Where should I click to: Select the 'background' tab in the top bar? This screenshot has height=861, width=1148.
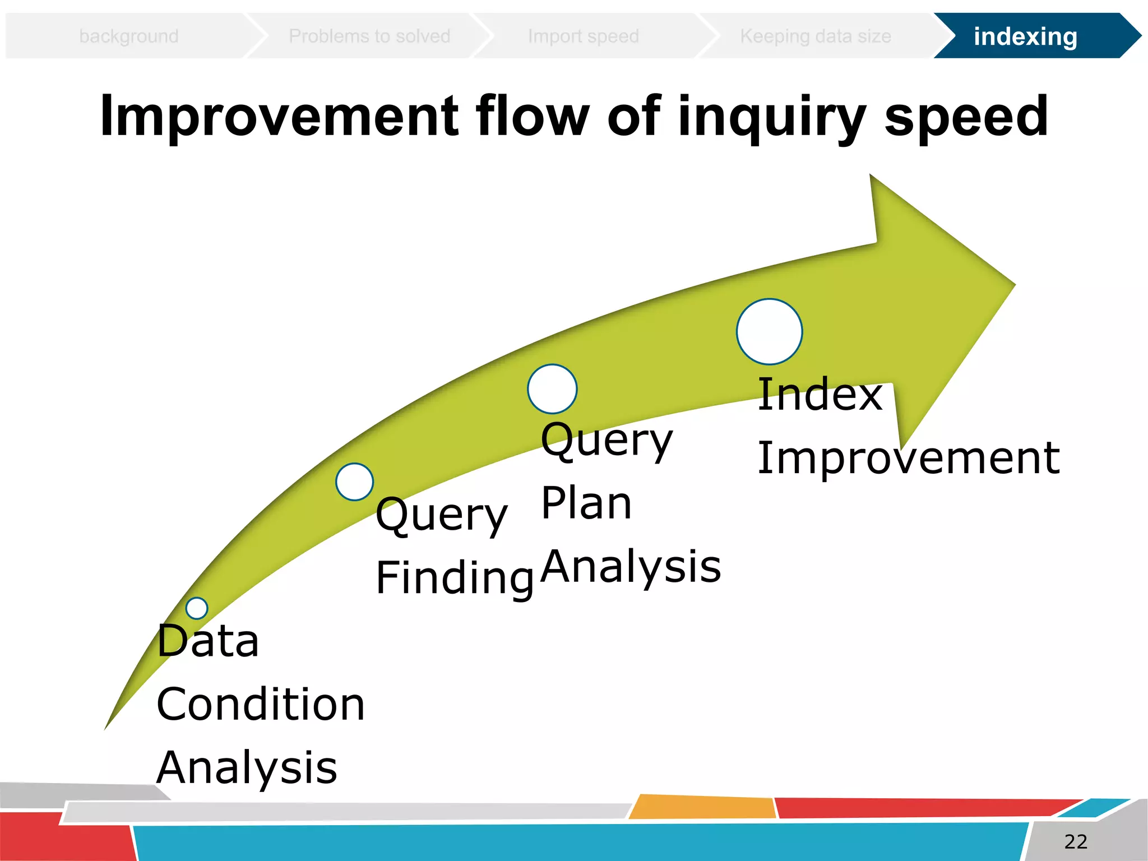point(129,36)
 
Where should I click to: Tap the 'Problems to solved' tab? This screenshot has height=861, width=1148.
point(369,36)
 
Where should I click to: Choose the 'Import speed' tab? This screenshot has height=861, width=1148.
point(583,36)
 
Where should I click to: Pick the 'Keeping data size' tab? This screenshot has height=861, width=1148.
point(815,36)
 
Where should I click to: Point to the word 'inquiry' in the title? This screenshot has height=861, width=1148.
point(772,118)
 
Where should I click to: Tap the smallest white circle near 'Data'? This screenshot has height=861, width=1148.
point(197,608)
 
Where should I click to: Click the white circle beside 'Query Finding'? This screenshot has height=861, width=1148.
point(354,482)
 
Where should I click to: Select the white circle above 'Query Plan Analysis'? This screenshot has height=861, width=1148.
point(552,389)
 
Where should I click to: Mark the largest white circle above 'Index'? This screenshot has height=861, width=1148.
point(769,332)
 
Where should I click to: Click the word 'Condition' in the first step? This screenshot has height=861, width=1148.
point(261,705)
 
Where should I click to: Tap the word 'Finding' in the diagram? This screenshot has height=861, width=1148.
point(454,578)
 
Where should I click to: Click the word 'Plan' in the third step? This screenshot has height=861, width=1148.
point(586,503)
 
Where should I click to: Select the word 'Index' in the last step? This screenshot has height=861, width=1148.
point(820,395)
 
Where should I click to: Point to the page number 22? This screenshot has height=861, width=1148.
point(1075,841)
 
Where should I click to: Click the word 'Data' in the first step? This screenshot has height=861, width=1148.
point(208,641)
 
